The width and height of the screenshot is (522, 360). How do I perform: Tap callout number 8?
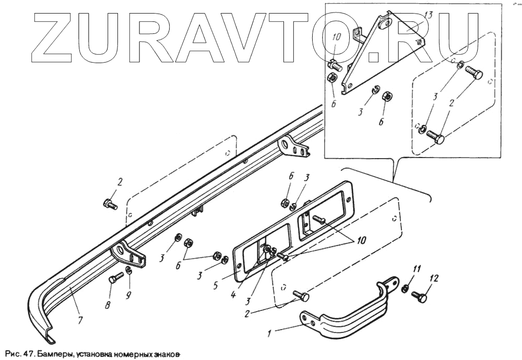pyautogui.click(x=108, y=305)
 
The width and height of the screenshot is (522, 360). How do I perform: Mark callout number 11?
pyautogui.click(x=417, y=270)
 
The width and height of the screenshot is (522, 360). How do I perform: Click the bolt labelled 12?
pyautogui.click(x=420, y=297)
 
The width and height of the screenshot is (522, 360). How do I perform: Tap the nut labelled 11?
pyautogui.click(x=405, y=288)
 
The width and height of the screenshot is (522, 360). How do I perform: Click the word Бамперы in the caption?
pyautogui.click(x=52, y=353)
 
